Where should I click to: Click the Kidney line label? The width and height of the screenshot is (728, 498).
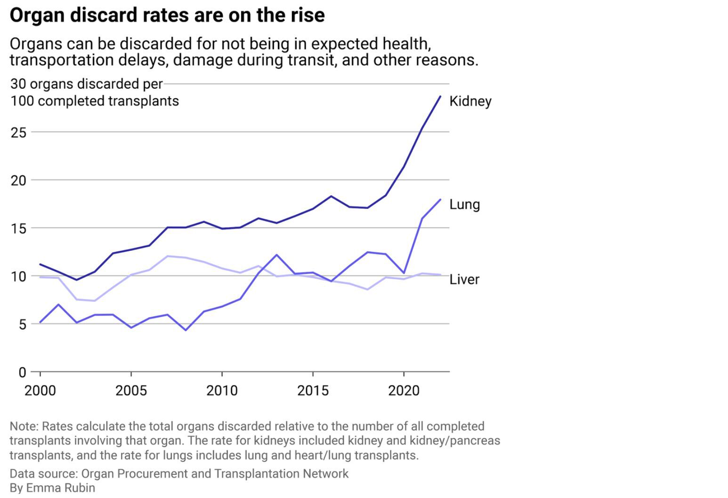click(470, 101)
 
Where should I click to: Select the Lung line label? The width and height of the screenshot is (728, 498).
click(464, 204)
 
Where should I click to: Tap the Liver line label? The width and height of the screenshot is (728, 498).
click(464, 279)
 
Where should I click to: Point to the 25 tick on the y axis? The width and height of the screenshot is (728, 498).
click(18, 132)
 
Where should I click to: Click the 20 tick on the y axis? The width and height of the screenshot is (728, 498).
click(18, 180)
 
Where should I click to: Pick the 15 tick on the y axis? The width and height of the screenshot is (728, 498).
click(18, 228)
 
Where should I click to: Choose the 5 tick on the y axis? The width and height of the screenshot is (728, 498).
click(22, 324)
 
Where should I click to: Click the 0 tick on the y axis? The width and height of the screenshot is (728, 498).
click(22, 373)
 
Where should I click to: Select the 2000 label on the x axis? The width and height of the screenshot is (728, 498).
click(40, 390)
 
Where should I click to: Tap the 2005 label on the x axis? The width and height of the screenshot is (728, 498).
click(131, 390)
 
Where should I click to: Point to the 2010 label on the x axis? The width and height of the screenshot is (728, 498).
click(222, 390)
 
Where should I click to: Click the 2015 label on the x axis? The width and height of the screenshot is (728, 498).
click(313, 390)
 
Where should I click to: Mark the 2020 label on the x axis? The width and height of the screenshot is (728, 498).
click(404, 390)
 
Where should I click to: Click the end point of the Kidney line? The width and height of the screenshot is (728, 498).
click(440, 96)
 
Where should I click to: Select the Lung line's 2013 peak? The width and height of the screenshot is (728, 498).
click(276, 255)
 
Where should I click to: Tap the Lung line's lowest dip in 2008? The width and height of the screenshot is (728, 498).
click(186, 330)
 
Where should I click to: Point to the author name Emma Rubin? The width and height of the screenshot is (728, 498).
click(60, 488)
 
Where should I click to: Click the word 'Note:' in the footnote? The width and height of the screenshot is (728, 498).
click(24, 426)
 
